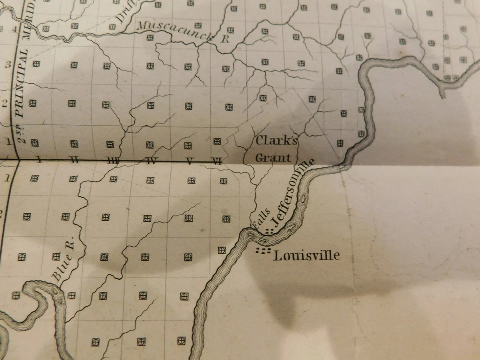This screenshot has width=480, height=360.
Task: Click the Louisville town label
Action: pyautogui.click(x=307, y=256)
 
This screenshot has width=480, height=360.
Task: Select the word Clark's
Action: pyautogui.click(x=276, y=140)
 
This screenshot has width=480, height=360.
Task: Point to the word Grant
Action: pyautogui.click(x=273, y=158)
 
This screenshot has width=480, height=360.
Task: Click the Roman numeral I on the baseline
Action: pyautogui.click(x=38, y=160)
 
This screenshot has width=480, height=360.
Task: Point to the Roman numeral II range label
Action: pyautogui.click(x=74, y=160)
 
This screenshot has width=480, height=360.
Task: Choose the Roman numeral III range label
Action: pyautogui.click(x=113, y=160)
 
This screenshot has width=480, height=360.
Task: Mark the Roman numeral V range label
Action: pyautogui.click(x=189, y=161)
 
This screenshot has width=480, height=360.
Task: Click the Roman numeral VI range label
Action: pyautogui.click(x=216, y=161)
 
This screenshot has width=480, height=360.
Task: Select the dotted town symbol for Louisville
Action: pyautogui.click(x=263, y=250)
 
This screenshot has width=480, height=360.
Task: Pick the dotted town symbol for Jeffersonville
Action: pyautogui.click(x=270, y=231)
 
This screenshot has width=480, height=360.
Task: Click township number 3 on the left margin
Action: pyautogui.click(x=8, y=64)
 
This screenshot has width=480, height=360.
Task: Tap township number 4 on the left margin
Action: pyautogui.click(x=14, y=29)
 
